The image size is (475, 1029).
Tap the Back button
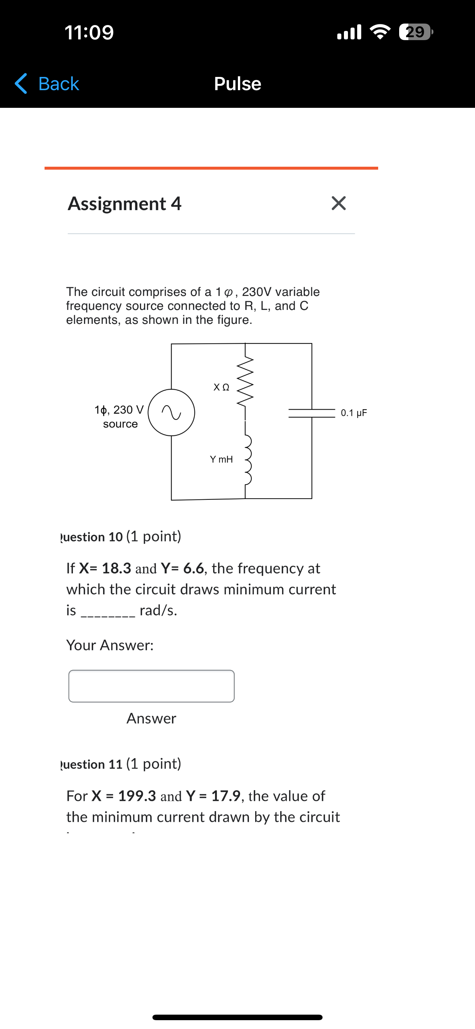point(47,84)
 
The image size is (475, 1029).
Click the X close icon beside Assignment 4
point(339,203)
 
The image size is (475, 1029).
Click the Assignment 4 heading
point(124,203)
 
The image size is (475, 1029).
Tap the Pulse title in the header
point(237,84)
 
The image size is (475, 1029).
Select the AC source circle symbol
point(172,412)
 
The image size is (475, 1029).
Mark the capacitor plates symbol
point(312,413)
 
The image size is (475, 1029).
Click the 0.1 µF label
point(354,413)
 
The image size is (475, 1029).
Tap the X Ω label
point(222,387)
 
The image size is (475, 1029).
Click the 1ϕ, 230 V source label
point(120,416)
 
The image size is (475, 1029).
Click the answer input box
point(152,686)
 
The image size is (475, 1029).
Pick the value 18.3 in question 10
point(116,568)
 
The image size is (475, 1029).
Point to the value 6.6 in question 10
point(194,568)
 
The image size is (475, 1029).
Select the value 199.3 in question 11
point(137,796)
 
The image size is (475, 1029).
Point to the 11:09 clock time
point(89,32)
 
